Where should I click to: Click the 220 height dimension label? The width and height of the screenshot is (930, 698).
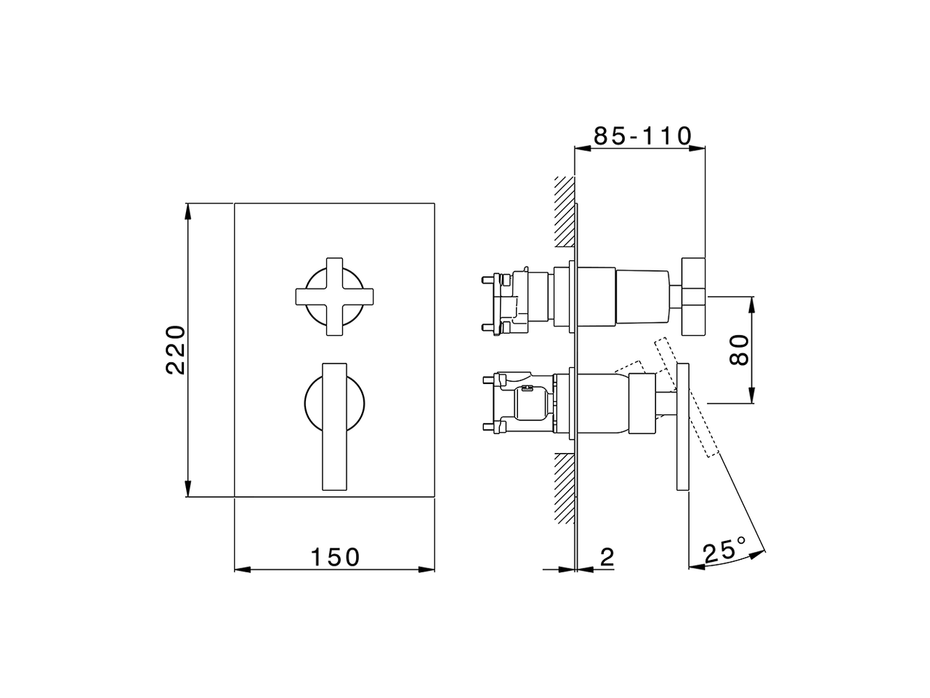[177, 350]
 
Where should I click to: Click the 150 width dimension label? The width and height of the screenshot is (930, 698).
[335, 557]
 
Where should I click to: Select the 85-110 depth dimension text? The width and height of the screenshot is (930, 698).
[642, 136]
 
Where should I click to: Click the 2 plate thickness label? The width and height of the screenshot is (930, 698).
[607, 557]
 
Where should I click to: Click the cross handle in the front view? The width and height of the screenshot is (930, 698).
[334, 297]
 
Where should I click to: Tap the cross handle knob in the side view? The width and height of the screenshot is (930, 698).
[693, 297]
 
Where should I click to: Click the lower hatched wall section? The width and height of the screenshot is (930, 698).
[563, 487]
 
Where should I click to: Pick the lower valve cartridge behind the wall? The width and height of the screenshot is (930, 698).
[523, 404]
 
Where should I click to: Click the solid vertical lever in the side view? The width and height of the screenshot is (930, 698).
[682, 429]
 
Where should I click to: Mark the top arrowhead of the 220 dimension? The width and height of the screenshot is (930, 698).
[187, 210]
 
